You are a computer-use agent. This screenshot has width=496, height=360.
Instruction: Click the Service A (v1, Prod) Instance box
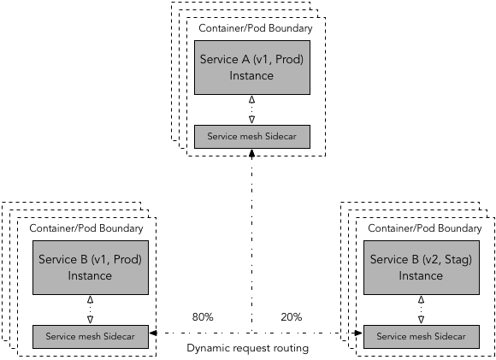[x=251, y=68]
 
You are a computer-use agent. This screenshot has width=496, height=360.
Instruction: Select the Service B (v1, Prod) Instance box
[x=90, y=268]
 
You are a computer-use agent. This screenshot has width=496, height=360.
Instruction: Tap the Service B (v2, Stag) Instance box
[x=420, y=268]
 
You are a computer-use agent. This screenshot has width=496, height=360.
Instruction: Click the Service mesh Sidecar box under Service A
[x=251, y=137]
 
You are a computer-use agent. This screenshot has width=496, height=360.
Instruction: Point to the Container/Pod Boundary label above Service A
[x=255, y=28]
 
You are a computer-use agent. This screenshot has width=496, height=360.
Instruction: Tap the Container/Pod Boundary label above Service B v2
[x=424, y=228]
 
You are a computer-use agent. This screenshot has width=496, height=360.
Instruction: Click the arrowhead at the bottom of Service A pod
[x=251, y=154]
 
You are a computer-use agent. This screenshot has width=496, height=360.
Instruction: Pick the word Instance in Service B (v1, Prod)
[x=90, y=276]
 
